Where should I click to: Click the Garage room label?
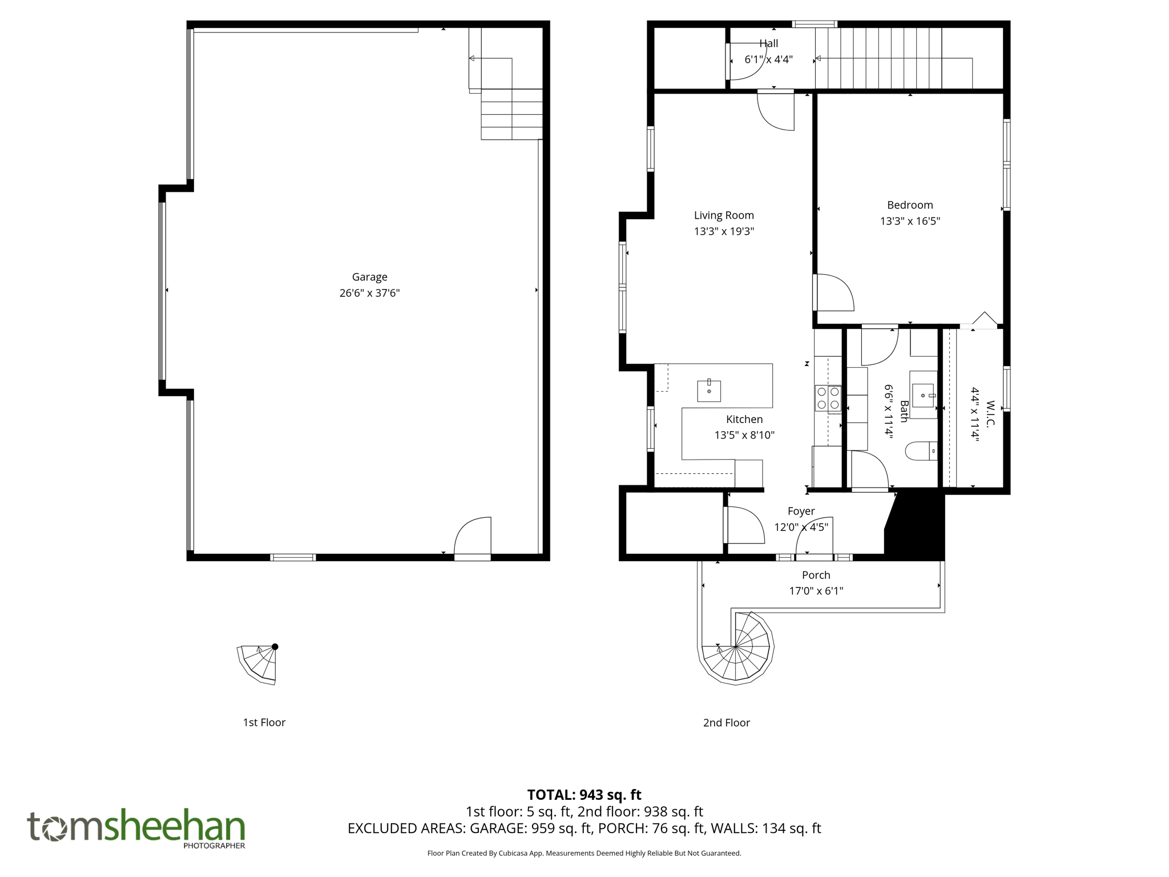(x=369, y=277)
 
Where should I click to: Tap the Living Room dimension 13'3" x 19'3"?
(x=724, y=231)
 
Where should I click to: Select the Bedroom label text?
(x=910, y=205)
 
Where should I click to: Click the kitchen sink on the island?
(x=709, y=391)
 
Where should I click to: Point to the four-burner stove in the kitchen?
(x=828, y=398)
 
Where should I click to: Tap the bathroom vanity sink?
(x=922, y=395)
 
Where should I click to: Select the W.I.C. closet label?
(x=990, y=413)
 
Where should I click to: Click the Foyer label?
(x=801, y=511)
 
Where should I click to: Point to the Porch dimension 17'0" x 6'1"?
(x=816, y=591)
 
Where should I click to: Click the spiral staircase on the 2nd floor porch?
(x=736, y=647)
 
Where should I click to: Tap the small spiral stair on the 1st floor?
(x=260, y=663)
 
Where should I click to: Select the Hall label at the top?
(x=768, y=43)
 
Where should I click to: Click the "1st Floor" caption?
(x=264, y=722)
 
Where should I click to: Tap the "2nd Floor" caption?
(x=726, y=723)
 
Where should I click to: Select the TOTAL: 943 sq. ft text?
(x=584, y=795)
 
